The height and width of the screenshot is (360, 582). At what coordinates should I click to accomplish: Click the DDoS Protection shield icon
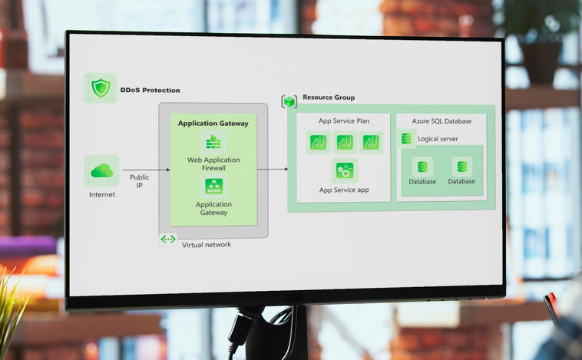(101, 88)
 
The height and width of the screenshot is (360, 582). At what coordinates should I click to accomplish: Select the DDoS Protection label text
(150, 91)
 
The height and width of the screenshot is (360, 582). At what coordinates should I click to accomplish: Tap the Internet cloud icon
(101, 170)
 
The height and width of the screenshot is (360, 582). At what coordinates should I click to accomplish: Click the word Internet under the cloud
(101, 194)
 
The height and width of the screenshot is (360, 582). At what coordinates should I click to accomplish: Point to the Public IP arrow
(145, 169)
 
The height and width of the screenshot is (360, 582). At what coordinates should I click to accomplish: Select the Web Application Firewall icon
(213, 142)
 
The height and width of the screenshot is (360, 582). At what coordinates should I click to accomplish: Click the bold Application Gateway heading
(213, 123)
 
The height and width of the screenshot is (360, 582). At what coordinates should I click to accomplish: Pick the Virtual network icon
(168, 239)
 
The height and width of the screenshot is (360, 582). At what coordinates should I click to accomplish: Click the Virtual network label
(206, 244)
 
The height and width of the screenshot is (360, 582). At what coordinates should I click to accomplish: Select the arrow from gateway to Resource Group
(273, 169)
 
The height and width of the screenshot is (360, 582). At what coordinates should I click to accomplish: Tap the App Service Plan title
(344, 121)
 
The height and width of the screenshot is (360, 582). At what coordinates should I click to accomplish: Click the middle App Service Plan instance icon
(345, 142)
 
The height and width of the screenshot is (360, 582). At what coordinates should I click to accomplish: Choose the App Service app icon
(344, 170)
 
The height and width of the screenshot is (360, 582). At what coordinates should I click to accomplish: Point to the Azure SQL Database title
(441, 121)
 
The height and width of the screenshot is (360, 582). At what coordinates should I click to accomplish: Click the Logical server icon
(406, 139)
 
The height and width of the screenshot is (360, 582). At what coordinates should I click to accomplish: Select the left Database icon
(422, 167)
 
